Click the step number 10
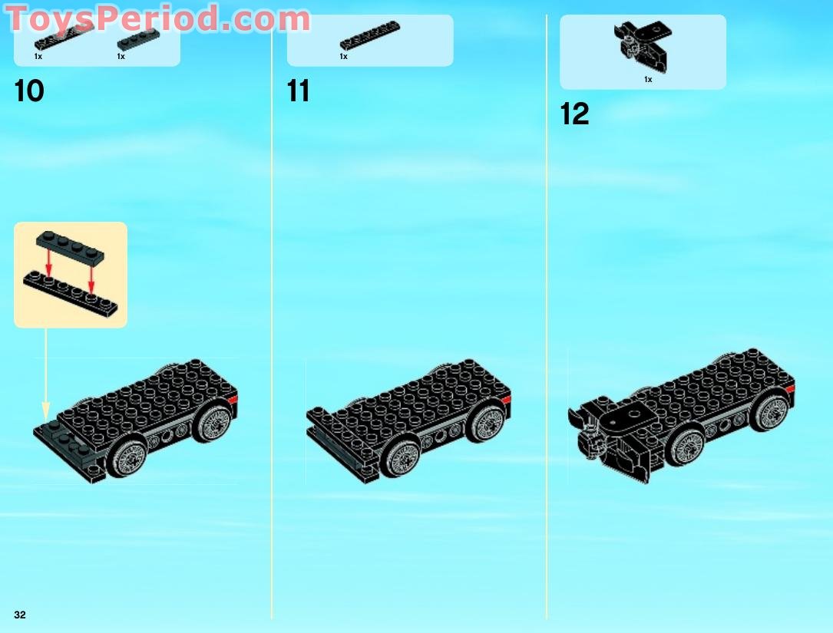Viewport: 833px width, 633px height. coord(29,91)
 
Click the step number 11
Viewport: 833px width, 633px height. coord(298,91)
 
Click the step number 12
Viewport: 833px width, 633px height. coord(574,114)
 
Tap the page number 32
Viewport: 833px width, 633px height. coord(19,615)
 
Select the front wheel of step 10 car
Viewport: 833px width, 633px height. coord(127,458)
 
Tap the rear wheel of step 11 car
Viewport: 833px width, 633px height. coord(485,420)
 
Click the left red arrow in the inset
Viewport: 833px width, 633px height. coord(48,265)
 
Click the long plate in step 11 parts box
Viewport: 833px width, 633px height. coord(370,36)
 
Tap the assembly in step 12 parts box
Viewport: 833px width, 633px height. coord(640,46)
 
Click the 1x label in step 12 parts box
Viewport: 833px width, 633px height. coord(648,79)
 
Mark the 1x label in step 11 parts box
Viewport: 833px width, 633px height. coord(343,56)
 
